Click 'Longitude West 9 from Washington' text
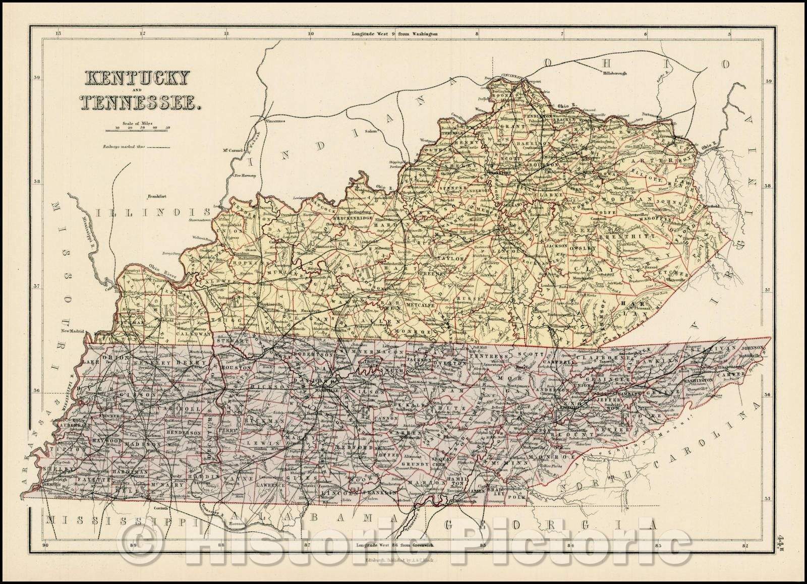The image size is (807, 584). click(x=394, y=34)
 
